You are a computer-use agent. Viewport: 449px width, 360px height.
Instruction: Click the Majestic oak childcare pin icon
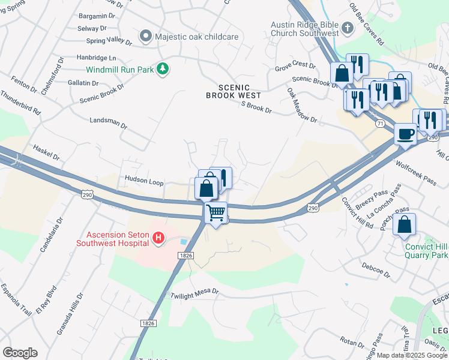(145, 37)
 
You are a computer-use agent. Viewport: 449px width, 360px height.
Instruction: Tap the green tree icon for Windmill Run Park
(162, 70)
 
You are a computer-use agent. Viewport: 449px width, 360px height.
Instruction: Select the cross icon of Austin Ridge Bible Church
(347, 28)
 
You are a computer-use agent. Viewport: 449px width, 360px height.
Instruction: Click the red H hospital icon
(158, 239)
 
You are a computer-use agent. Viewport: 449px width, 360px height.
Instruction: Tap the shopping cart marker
(215, 212)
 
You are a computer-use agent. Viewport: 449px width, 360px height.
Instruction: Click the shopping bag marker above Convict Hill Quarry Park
(405, 224)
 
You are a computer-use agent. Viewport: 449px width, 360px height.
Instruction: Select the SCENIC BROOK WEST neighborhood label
(234, 91)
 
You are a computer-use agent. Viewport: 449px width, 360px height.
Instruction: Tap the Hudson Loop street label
(144, 179)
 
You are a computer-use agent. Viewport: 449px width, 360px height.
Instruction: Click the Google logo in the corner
(20, 353)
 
